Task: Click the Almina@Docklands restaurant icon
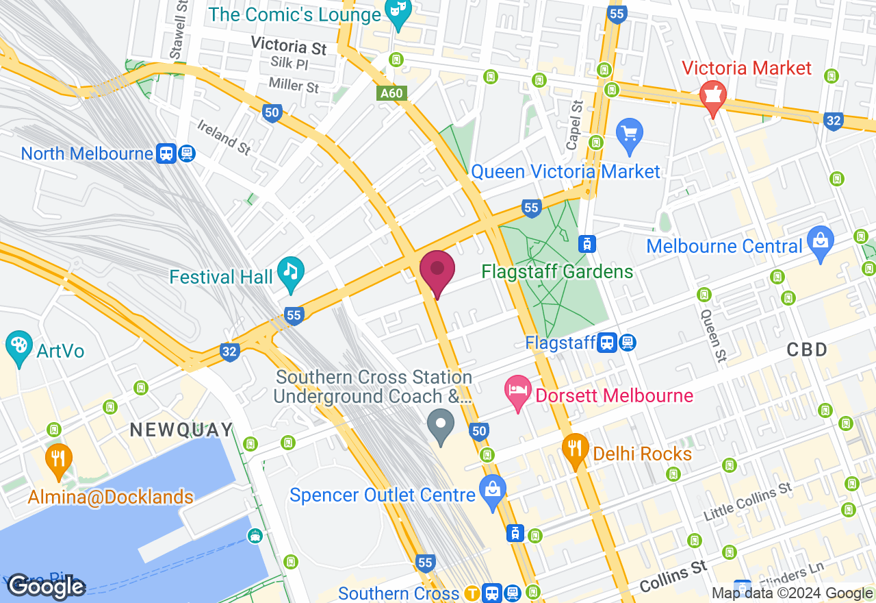(58, 459)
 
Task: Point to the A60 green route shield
(392, 93)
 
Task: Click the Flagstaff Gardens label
(557, 272)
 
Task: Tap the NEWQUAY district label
(181, 430)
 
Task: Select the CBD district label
(807, 349)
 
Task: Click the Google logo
(46, 587)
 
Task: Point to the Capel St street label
(576, 116)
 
